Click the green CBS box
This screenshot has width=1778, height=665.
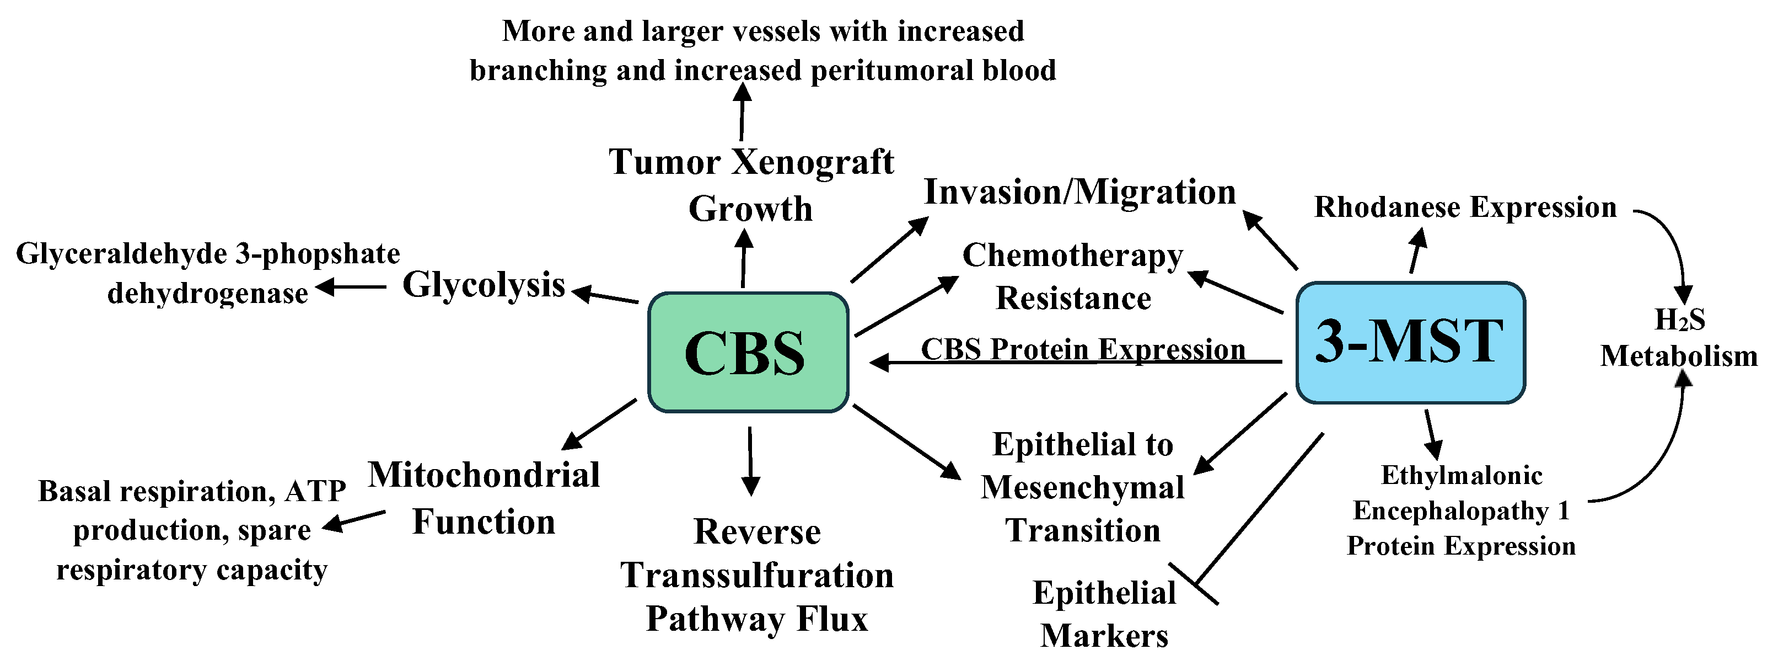pyautogui.click(x=748, y=353)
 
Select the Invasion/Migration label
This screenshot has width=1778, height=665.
pyautogui.click(x=1079, y=192)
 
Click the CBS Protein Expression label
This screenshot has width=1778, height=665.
pyautogui.click(x=1083, y=349)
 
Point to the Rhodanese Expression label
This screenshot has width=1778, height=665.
pyautogui.click(x=1465, y=207)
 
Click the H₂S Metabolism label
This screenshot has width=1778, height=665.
pyautogui.click(x=1679, y=338)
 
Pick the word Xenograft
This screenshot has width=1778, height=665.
pyautogui.click(x=813, y=162)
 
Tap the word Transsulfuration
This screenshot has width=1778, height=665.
pyautogui.click(x=756, y=575)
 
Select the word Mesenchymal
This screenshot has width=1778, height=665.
pyautogui.click(x=1082, y=487)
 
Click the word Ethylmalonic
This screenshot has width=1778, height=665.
pyautogui.click(x=1461, y=476)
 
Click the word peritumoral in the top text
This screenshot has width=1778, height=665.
pyautogui.click(x=895, y=71)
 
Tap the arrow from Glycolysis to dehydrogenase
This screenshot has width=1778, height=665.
pyautogui.click(x=351, y=286)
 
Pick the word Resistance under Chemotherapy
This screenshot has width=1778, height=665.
pyautogui.click(x=1073, y=299)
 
